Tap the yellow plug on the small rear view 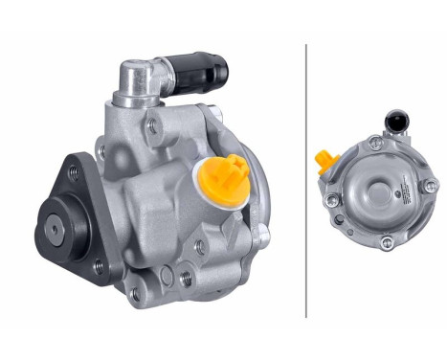(x=325, y=159)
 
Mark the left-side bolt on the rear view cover (x=331, y=200)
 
